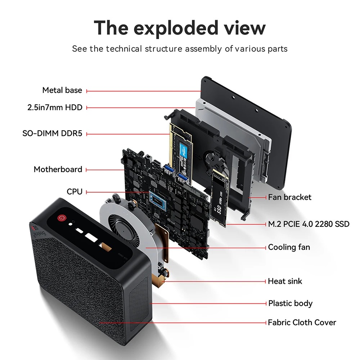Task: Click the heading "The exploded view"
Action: click(x=180, y=28)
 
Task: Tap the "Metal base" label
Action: click(x=62, y=90)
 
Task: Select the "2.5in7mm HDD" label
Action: click(x=55, y=107)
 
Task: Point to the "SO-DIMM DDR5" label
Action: click(x=52, y=134)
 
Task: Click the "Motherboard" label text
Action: click(x=58, y=169)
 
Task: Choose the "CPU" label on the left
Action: click(x=75, y=192)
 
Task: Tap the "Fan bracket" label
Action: click(x=289, y=197)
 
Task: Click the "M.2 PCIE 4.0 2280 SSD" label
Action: click(x=309, y=224)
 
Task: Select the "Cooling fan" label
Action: click(x=289, y=247)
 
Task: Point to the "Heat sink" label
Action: click(x=285, y=281)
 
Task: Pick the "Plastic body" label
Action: click(x=290, y=303)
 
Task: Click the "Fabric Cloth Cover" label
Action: click(x=302, y=322)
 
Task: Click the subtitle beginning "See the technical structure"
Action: click(x=180, y=49)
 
